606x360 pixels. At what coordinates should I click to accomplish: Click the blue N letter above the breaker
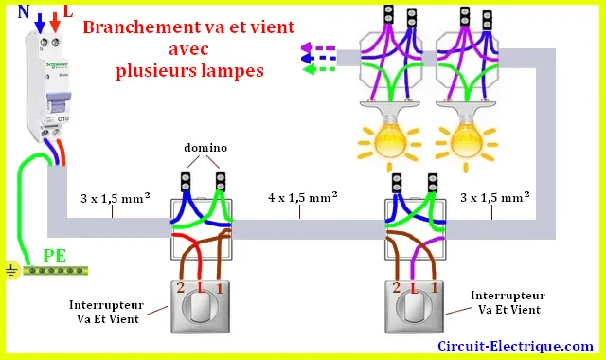click(x=24, y=12)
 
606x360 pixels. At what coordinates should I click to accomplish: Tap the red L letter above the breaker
click(x=68, y=11)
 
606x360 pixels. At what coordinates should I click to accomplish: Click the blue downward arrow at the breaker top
click(x=40, y=23)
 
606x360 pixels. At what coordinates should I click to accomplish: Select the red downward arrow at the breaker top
click(x=55, y=23)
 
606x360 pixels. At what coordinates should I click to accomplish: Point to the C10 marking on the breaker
click(x=63, y=118)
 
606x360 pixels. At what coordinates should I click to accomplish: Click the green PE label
click(x=55, y=256)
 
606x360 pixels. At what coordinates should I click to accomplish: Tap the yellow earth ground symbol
click(x=12, y=270)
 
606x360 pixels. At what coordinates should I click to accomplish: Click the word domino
click(x=205, y=148)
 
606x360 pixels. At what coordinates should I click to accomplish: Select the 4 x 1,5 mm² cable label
click(x=303, y=197)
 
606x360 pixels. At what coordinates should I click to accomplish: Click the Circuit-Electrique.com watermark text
click(x=515, y=346)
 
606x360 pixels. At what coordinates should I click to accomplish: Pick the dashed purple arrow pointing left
click(x=318, y=48)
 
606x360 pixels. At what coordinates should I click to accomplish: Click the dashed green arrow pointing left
click(x=319, y=69)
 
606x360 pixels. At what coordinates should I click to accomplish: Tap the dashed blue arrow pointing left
click(x=318, y=59)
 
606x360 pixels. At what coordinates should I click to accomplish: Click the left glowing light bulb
click(x=389, y=142)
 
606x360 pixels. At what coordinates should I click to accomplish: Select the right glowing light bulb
click(x=467, y=142)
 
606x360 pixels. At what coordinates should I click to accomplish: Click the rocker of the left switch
click(x=200, y=307)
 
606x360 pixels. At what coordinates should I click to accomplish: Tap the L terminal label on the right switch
click(x=415, y=288)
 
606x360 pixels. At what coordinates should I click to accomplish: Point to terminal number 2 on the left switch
click(x=181, y=288)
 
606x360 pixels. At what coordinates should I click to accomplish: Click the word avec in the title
click(x=188, y=49)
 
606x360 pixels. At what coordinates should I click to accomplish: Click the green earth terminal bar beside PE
click(x=55, y=271)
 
